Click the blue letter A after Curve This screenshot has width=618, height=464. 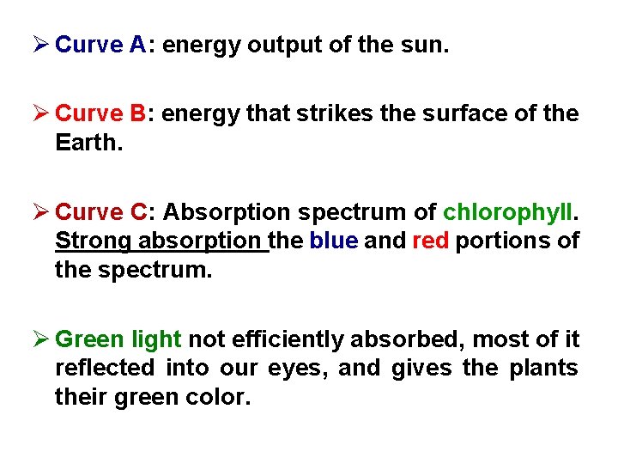(139, 45)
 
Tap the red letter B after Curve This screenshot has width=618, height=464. (139, 113)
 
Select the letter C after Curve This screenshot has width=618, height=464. (140, 211)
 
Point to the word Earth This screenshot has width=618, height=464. (88, 142)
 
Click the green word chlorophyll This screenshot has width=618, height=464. (510, 211)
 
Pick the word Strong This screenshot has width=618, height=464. (93, 241)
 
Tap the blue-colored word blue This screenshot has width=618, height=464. (334, 241)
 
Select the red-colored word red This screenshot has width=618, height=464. (431, 241)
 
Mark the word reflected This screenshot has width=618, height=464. (105, 368)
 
